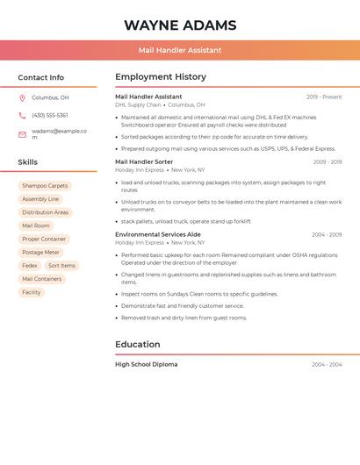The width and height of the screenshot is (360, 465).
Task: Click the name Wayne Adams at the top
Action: [180, 25]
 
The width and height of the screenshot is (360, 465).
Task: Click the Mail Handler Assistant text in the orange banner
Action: [180, 50]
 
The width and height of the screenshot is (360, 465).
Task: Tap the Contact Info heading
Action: [41, 77]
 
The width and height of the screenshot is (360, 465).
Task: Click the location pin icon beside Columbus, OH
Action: [22, 98]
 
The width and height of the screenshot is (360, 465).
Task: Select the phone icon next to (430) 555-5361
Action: [22, 116]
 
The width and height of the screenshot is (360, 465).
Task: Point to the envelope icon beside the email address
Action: [22, 134]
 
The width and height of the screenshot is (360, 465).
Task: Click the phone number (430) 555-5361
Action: [50, 116]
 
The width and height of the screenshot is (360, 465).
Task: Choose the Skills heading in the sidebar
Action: [28, 162]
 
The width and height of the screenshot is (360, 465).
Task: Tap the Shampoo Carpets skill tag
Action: [45, 186]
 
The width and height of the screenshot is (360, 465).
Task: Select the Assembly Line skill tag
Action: [40, 199]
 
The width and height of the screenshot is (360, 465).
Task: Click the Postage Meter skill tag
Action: [40, 253]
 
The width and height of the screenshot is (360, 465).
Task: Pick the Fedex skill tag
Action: [30, 266]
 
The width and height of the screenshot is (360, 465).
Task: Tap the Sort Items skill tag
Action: [61, 266]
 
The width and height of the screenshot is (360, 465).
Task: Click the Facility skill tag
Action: [32, 292]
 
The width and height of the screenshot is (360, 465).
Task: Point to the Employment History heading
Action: [161, 77]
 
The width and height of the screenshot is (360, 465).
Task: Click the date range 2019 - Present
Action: [324, 97]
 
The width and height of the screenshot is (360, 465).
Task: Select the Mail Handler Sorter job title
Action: [144, 161]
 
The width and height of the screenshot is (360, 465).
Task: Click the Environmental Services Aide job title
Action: [158, 234]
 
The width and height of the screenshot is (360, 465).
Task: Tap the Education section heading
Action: [137, 345]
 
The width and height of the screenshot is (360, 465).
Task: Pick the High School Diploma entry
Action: [146, 364]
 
